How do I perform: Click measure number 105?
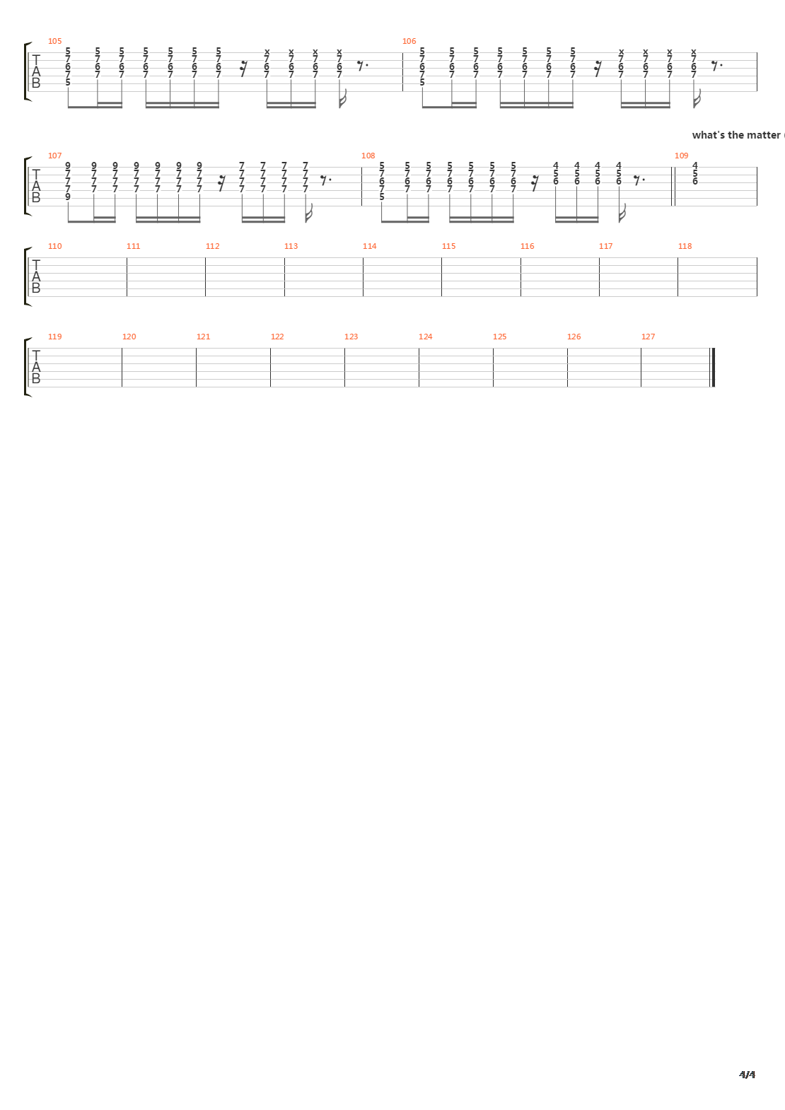click(x=55, y=41)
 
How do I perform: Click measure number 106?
click(x=409, y=41)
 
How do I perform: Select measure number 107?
click(x=55, y=156)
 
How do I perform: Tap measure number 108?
click(x=368, y=156)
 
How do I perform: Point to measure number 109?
click(x=681, y=156)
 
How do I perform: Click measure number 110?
click(x=55, y=246)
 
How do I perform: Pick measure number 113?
click(x=291, y=246)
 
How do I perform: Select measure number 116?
click(x=527, y=246)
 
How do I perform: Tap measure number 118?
click(x=685, y=246)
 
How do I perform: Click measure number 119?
click(x=55, y=337)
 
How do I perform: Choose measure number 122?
click(x=277, y=337)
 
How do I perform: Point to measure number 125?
click(x=499, y=337)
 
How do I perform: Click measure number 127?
click(x=648, y=337)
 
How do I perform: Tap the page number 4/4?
click(x=747, y=1075)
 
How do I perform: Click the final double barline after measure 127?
click(x=714, y=368)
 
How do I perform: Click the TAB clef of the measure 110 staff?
click(x=36, y=277)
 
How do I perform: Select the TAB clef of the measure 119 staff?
click(x=36, y=368)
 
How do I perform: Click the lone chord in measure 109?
click(x=695, y=174)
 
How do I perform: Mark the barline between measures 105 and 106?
click(x=402, y=72)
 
